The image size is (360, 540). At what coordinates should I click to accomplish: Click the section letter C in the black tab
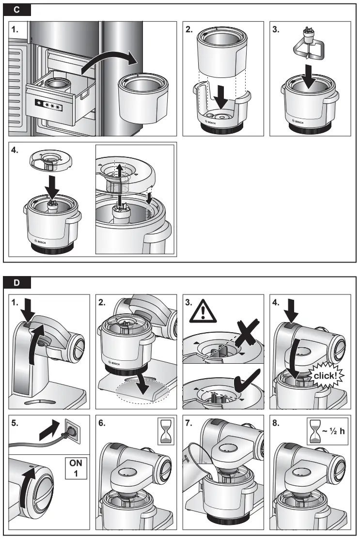pyautogui.click(x=17, y=10)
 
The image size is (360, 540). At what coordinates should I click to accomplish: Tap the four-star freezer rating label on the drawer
pyautogui.click(x=49, y=105)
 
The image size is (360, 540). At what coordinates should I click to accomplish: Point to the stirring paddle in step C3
pyautogui.click(x=308, y=50)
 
